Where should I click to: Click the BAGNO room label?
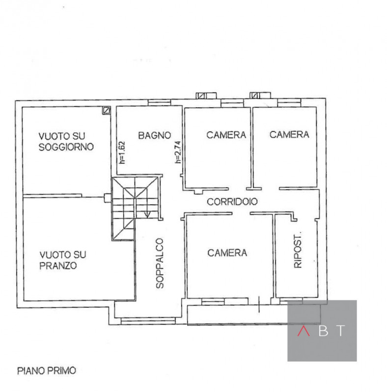[154, 135]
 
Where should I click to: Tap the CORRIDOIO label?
[232, 201]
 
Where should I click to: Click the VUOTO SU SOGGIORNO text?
[66, 141]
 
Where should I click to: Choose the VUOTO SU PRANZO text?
[63, 260]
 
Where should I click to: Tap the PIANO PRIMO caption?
[47, 371]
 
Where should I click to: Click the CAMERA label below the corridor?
[227, 253]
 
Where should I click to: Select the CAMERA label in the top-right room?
[289, 135]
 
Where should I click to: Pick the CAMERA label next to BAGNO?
[226, 135]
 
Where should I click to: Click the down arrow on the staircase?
[147, 214]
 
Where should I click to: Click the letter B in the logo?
[323, 331]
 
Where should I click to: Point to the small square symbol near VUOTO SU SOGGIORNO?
[106, 111]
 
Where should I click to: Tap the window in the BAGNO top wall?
[159, 102]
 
